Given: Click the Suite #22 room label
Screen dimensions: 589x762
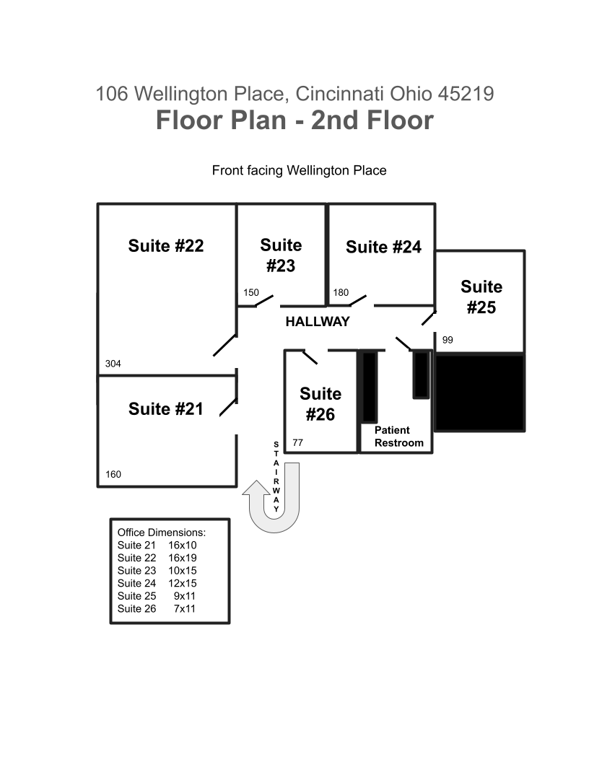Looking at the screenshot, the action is [x=166, y=246].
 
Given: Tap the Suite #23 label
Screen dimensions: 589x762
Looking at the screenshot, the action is [x=281, y=255].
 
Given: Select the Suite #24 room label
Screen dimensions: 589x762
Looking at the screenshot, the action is [x=383, y=247].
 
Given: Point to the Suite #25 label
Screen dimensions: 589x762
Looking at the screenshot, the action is [x=481, y=297].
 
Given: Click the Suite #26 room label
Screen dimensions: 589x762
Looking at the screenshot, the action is [x=320, y=404].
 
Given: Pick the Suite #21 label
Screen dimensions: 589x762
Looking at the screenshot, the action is [x=166, y=408].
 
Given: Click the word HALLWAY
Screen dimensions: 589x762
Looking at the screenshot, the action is [x=318, y=322].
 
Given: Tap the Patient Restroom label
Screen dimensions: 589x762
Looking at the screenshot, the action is [x=399, y=437].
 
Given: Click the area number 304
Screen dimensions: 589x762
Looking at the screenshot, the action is [x=113, y=364].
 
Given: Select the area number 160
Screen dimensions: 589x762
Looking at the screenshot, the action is [x=113, y=474].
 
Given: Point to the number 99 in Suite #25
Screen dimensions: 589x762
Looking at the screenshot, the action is [x=448, y=340].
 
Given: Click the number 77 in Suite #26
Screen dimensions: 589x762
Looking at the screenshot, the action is [x=298, y=443].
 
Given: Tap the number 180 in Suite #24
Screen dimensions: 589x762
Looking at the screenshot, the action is [x=341, y=292].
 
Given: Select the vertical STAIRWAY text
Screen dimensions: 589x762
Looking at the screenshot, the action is [x=276, y=477].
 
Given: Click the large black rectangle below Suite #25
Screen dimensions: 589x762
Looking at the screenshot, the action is [x=480, y=393].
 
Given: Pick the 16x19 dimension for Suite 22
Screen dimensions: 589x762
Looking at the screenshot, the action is [x=182, y=558].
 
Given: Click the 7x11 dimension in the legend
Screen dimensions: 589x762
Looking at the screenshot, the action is [x=184, y=608].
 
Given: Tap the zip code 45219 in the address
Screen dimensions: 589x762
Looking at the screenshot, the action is [x=466, y=94].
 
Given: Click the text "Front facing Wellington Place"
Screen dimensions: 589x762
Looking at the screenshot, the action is [x=300, y=170].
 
